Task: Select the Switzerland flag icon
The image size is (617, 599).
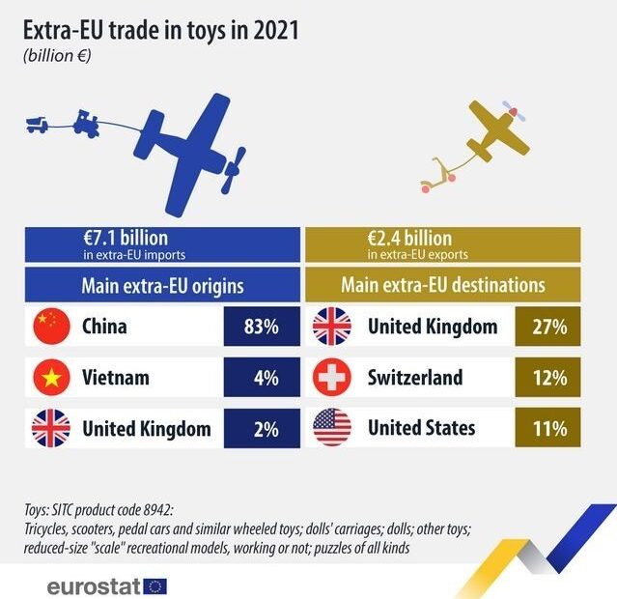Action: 331,378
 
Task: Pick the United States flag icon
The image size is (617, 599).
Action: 331,428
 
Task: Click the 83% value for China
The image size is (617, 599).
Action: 261,327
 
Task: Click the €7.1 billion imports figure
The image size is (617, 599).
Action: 126,238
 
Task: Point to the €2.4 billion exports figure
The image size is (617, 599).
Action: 409,238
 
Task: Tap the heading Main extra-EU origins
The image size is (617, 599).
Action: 161,285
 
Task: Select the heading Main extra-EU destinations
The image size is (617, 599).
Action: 443,285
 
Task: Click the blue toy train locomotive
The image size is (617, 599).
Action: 86,121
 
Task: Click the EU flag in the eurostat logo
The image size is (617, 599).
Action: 154,585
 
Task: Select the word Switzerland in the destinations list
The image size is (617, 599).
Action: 415,378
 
